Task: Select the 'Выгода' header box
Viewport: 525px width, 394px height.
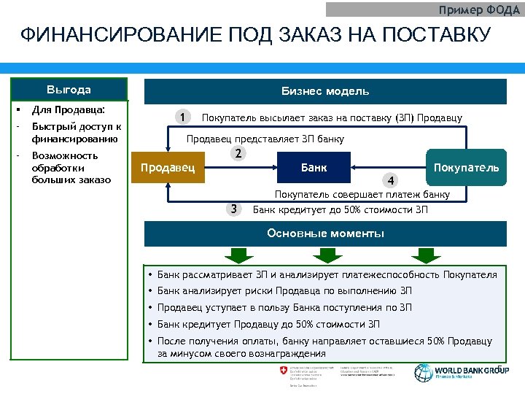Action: click(x=69, y=90)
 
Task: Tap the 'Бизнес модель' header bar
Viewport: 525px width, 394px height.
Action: click(x=325, y=91)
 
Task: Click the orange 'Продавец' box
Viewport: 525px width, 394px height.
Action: click(x=167, y=168)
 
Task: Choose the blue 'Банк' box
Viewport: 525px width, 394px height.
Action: click(x=314, y=168)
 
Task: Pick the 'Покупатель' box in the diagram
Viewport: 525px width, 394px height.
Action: click(x=466, y=168)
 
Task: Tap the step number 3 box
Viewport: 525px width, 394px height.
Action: click(x=233, y=209)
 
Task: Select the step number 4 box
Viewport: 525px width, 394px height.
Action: click(x=392, y=180)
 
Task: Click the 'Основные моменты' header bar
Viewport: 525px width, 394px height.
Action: click(x=325, y=234)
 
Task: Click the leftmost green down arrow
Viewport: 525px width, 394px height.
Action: click(x=236, y=255)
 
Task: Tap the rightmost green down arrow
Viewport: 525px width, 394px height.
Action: click(x=423, y=255)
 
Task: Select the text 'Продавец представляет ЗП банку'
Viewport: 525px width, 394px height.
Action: click(x=265, y=139)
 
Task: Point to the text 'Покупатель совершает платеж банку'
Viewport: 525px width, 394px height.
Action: click(x=362, y=194)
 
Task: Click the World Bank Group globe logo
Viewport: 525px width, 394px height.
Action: click(x=422, y=372)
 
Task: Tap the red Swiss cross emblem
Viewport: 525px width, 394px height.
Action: click(x=284, y=371)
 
